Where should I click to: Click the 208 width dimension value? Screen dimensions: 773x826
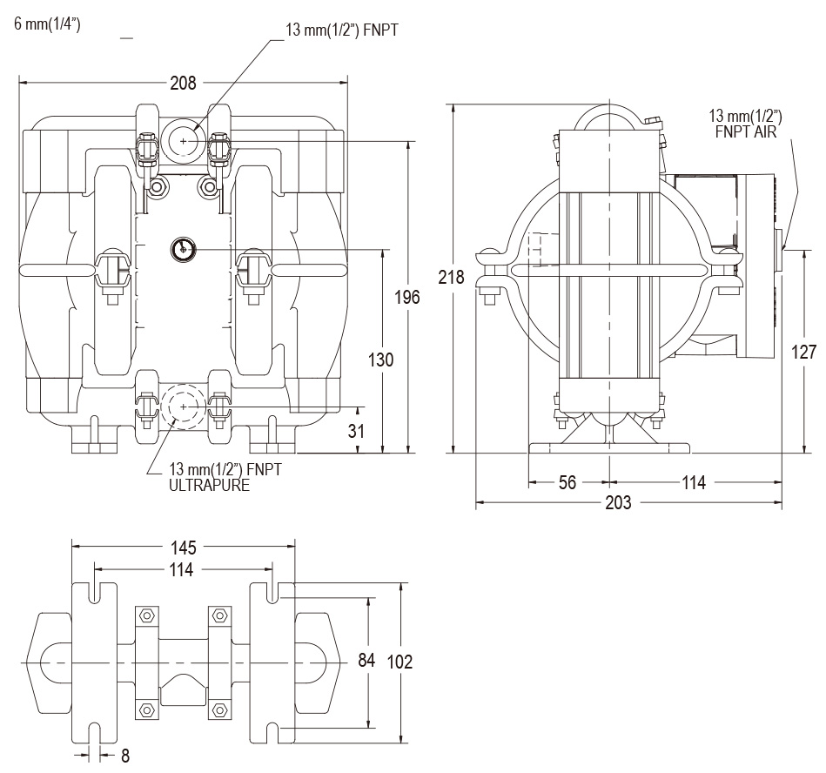coord(184,84)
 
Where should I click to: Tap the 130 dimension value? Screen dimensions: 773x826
coord(381,359)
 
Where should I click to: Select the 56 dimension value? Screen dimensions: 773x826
coord(567,482)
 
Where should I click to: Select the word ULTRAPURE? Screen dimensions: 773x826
coord(209,486)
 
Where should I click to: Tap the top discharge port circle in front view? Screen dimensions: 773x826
coord(183,140)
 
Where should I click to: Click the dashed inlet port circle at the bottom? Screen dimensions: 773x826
coord(183,407)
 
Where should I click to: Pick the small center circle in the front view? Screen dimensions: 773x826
coord(183,249)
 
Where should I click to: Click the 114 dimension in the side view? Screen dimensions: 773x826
coord(693,482)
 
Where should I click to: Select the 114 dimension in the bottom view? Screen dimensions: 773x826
coord(184,569)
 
